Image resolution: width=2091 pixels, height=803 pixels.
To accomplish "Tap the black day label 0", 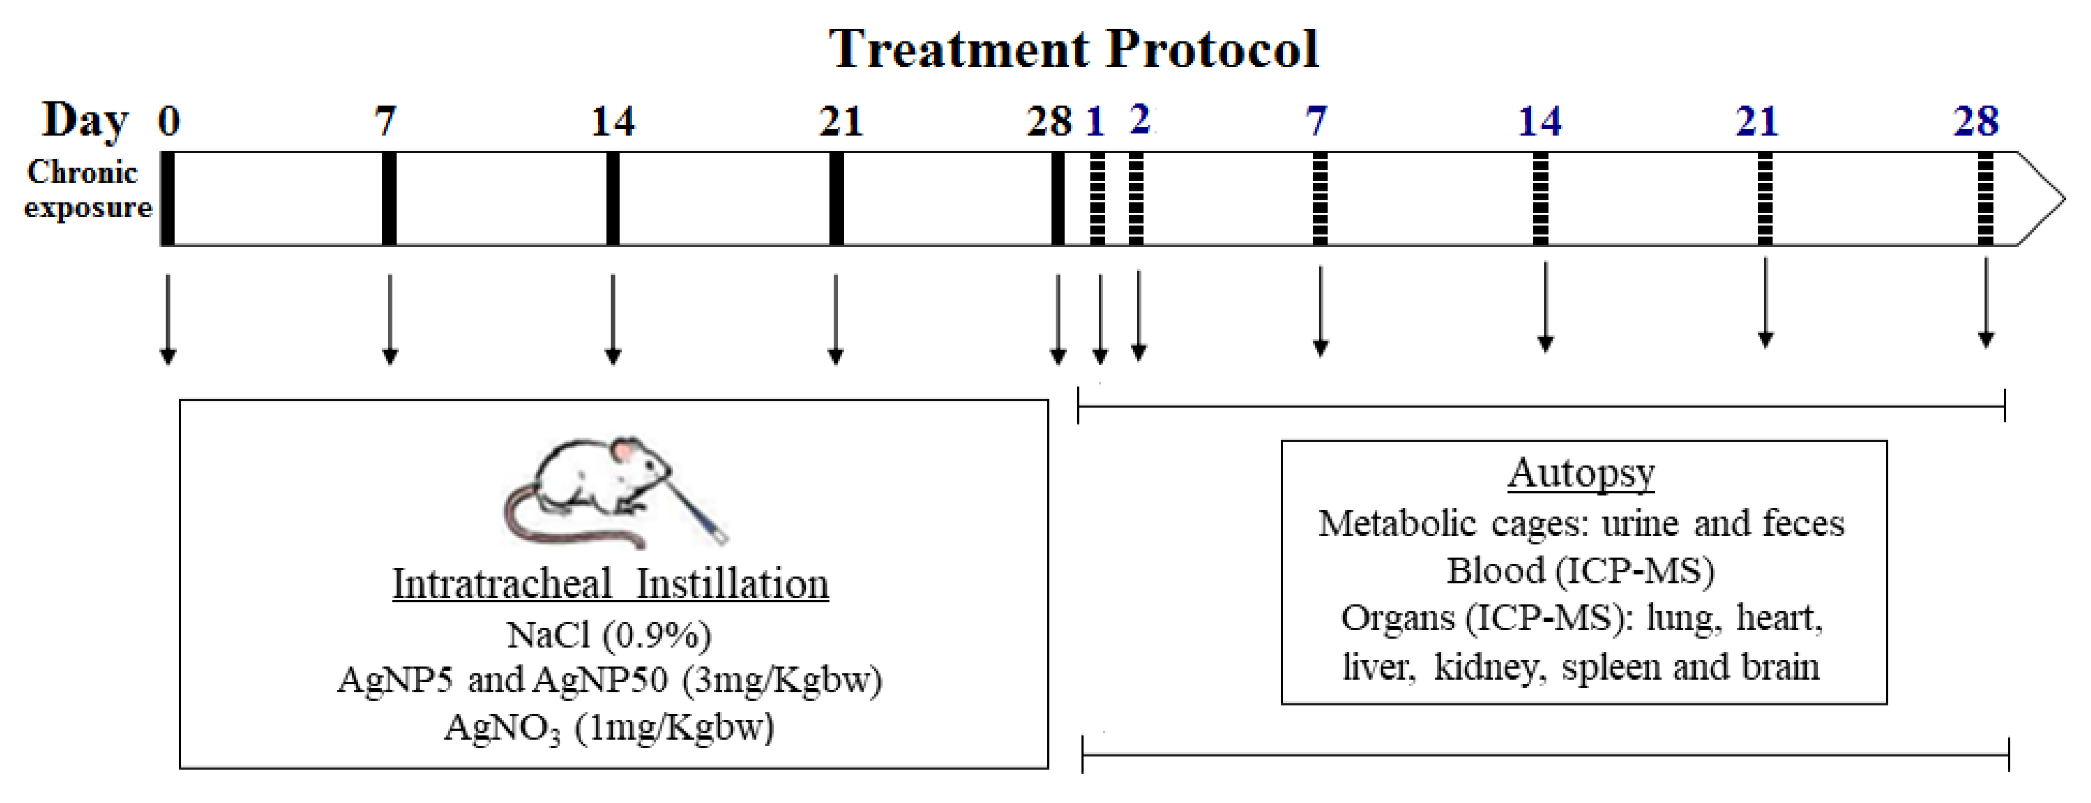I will point(168,121).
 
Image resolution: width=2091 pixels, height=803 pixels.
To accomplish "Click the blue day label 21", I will point(1756,122).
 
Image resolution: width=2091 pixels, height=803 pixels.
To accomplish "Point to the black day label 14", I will point(613,122).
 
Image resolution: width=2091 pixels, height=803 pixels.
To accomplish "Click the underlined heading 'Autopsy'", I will point(1581,472).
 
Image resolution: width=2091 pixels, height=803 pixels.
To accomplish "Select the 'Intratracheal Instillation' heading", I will point(610,584).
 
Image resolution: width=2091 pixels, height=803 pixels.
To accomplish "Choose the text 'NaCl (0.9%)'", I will point(609,635).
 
